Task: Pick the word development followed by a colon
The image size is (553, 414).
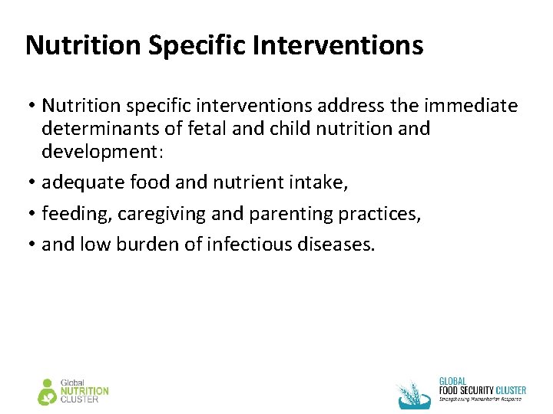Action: pos(102,151)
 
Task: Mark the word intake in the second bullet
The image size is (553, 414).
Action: pos(323,183)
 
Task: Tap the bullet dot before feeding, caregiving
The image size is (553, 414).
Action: pos(30,215)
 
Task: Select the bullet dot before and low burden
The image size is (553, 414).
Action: pos(30,245)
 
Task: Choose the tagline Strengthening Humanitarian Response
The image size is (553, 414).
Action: pos(481,399)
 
